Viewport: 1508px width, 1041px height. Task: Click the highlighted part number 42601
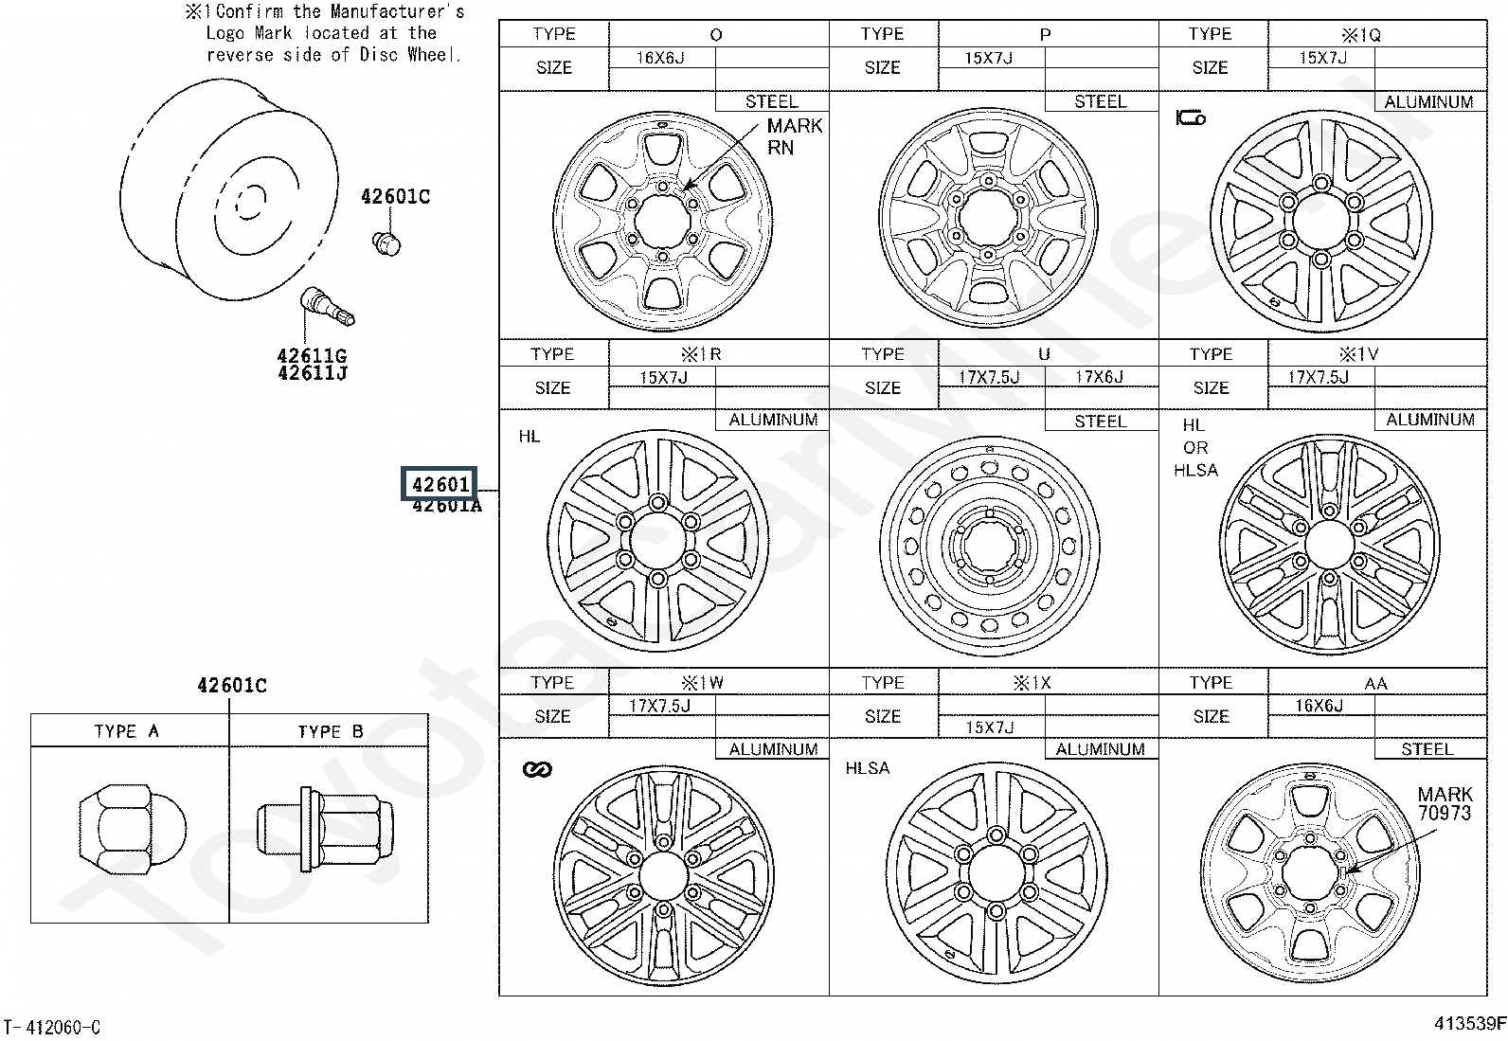[x=440, y=483]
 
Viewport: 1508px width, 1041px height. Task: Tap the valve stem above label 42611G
[x=327, y=308]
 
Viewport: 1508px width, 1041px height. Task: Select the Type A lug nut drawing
[x=133, y=830]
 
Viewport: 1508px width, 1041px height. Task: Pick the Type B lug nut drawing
[x=325, y=830]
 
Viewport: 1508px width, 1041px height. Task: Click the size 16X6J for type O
[x=660, y=58]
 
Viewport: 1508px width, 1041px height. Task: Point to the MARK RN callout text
[x=795, y=136]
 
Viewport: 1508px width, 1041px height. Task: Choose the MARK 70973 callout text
[x=1445, y=803]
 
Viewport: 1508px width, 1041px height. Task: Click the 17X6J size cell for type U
[x=1099, y=377]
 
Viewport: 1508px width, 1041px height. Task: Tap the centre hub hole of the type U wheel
[x=989, y=546]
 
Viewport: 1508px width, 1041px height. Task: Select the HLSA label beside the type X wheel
[x=867, y=767]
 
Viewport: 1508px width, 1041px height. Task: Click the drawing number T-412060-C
[x=52, y=1027]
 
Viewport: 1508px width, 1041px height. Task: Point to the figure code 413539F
[x=1469, y=1023]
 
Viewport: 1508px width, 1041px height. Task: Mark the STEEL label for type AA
[x=1427, y=748]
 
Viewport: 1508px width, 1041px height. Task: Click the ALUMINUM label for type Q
[x=1428, y=101]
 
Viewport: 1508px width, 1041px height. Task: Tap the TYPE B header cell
[x=330, y=731]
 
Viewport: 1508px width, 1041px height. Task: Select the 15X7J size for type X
[x=990, y=727]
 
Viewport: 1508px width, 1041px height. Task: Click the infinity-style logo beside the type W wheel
[x=537, y=769]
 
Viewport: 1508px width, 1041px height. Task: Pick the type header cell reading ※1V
[x=1358, y=354]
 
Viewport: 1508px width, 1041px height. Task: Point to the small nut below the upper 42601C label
[x=386, y=243]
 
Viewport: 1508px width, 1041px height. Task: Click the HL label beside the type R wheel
[x=530, y=437]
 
